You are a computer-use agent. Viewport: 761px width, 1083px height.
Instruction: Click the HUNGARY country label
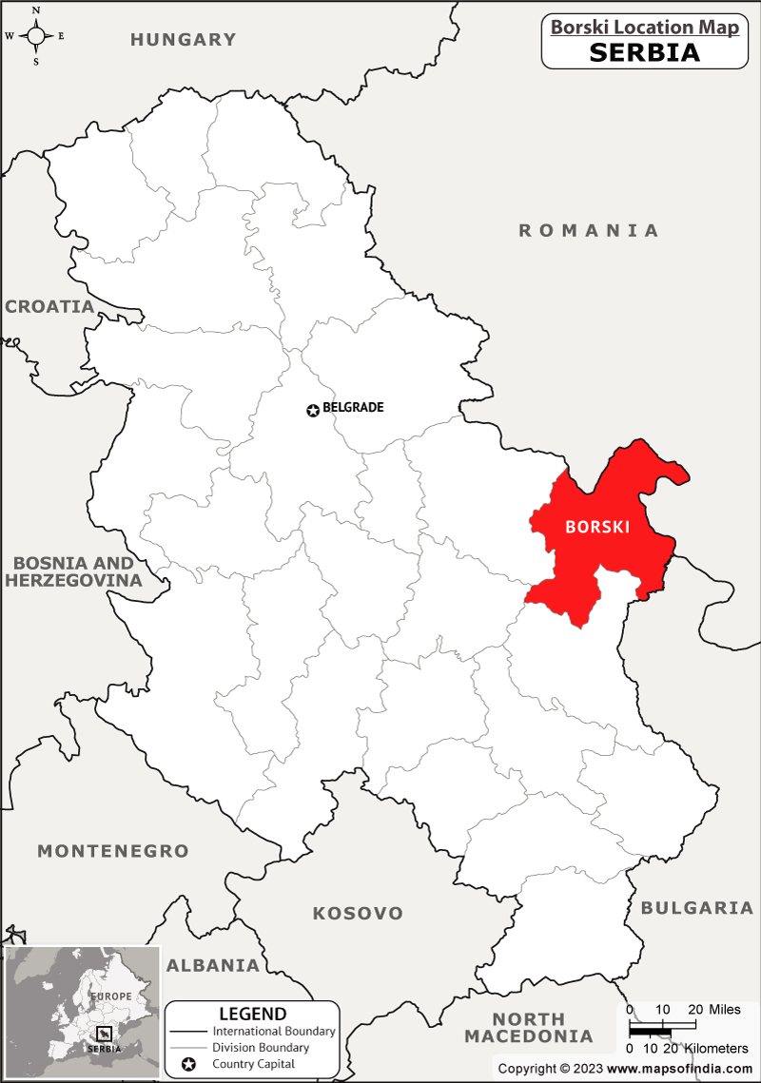pos(183,40)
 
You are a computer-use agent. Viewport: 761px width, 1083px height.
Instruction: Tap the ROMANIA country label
pos(588,230)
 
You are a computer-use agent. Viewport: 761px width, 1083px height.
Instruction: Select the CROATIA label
pos(49,307)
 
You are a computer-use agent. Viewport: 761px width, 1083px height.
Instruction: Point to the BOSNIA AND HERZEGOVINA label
pos(73,571)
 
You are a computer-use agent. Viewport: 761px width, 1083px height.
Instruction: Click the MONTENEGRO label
pos(113,851)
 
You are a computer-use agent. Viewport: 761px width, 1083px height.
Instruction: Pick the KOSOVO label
pos(358,914)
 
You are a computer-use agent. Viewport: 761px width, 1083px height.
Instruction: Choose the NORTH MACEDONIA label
pos(528,1028)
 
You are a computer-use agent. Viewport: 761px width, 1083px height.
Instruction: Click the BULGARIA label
pos(697,908)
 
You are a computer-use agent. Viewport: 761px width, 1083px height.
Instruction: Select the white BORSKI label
pos(597,527)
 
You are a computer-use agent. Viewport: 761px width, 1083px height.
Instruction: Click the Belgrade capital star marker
pos(313,411)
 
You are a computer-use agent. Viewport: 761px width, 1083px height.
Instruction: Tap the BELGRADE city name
pos(353,407)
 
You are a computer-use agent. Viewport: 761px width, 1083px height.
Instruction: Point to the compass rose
pos(36,36)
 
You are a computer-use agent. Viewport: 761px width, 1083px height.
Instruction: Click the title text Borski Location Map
pos(645,28)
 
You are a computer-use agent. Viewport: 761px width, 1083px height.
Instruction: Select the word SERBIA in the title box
pos(645,53)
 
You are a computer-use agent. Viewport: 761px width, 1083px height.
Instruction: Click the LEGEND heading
pos(252,1014)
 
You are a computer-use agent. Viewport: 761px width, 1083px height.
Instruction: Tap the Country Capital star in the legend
pos(188,1064)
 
